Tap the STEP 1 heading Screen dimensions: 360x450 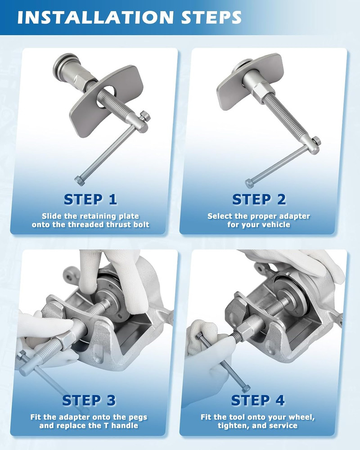tap(90, 199)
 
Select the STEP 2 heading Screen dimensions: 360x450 tap(259, 199)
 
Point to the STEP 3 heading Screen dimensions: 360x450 tap(89, 400)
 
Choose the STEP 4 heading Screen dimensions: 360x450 tap(258, 400)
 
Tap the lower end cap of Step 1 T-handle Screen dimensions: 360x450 tap(79, 181)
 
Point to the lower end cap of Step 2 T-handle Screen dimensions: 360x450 tap(249, 183)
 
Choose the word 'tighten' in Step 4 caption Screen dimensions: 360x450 tap(234, 426)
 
